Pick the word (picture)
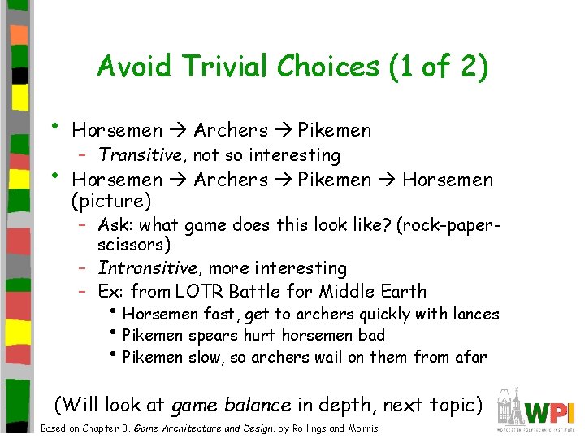111,200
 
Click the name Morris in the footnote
364,428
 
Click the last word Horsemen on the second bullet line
447,179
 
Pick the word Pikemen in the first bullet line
335,130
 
